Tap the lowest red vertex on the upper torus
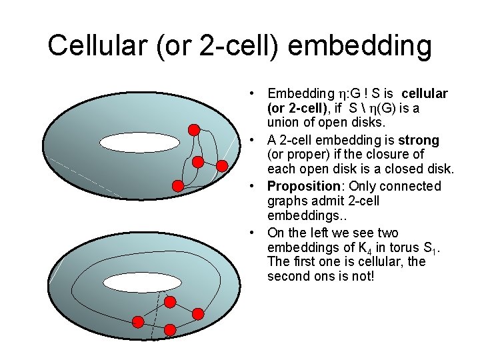pyautogui.click(x=178, y=186)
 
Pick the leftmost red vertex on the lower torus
pyautogui.click(x=138, y=323)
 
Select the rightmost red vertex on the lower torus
pyautogui.click(x=198, y=313)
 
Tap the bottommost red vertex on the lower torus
pyautogui.click(x=170, y=329)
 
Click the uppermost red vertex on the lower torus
pyautogui.click(x=170, y=302)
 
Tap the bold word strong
pyautogui.click(x=417, y=140)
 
